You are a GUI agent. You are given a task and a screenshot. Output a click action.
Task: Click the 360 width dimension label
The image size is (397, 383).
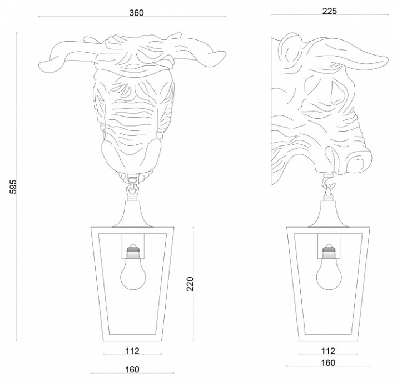[136, 13]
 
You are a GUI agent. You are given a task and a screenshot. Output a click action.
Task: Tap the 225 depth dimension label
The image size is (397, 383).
[329, 11]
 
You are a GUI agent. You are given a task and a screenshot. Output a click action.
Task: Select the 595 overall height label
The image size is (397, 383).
[13, 187]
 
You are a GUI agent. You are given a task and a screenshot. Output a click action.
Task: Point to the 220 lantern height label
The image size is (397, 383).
[190, 284]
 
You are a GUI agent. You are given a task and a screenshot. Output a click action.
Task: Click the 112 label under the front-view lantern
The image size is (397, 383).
[132, 351]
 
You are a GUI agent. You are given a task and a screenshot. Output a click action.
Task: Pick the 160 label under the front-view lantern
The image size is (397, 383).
[132, 370]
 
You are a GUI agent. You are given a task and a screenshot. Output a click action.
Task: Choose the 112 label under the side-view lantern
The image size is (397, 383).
[328, 351]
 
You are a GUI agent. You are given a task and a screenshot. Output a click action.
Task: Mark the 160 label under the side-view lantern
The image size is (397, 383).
[328, 363]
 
